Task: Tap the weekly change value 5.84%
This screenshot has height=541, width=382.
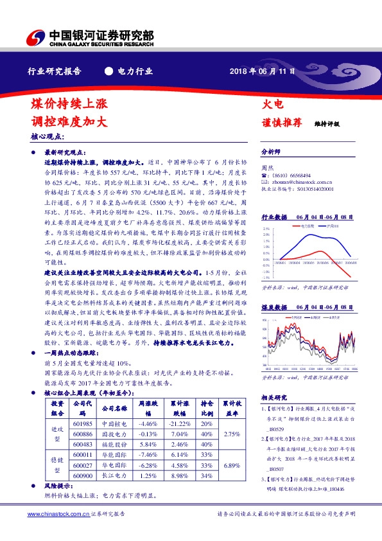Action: click(x=148, y=445)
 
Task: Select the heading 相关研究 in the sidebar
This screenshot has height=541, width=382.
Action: click(x=273, y=396)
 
